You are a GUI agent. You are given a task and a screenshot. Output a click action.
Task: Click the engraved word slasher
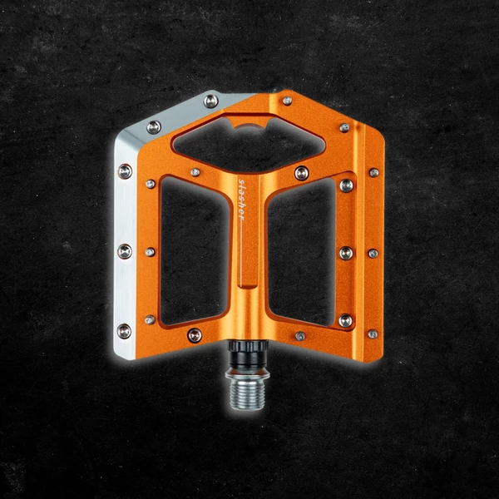[x=241, y=200]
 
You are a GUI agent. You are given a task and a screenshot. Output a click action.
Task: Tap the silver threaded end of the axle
[x=247, y=394]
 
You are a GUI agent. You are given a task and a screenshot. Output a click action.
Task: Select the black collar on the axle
[x=248, y=353]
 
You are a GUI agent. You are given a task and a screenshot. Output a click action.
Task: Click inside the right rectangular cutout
[x=302, y=251]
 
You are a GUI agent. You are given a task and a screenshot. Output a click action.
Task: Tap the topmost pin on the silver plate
[x=210, y=101]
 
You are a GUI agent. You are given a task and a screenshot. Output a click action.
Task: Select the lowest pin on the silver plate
[x=124, y=331]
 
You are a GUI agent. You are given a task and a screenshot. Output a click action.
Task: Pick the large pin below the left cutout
[x=195, y=335]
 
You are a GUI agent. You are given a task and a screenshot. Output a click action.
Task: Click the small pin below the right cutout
[x=300, y=336]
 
